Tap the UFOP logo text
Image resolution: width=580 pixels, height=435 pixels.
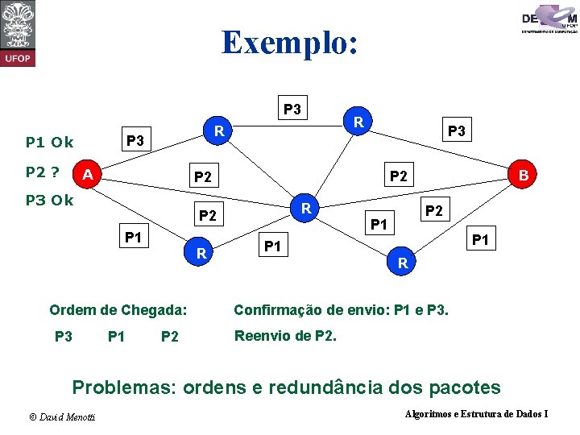(x=18, y=59)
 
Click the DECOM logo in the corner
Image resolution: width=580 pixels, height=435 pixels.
(x=549, y=18)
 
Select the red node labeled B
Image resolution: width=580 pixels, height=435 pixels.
(x=523, y=174)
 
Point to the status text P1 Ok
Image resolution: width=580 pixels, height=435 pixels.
(x=50, y=143)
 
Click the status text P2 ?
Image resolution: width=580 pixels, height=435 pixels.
(x=45, y=172)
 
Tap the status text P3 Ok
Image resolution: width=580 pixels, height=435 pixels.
(x=50, y=201)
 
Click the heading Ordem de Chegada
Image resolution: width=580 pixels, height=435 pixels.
(x=118, y=310)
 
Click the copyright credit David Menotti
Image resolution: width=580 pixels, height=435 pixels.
(x=62, y=416)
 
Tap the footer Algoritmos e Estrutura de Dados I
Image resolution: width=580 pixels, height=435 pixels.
(x=475, y=414)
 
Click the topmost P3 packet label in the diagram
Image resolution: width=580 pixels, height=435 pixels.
(x=292, y=108)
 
